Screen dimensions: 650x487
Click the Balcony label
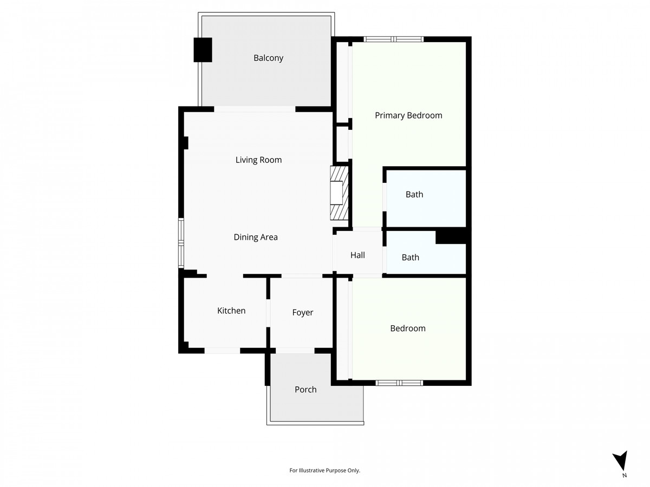tap(268, 58)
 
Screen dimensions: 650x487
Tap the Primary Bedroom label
tap(408, 115)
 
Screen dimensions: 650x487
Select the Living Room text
tap(258, 160)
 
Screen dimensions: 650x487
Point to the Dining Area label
tap(256, 237)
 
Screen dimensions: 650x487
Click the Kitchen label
tap(231, 311)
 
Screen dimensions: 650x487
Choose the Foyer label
tap(302, 313)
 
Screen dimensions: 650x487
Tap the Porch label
tap(305, 390)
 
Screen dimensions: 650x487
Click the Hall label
tap(357, 255)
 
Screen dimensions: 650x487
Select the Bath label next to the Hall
tap(410, 257)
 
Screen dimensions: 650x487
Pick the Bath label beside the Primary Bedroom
tap(414, 194)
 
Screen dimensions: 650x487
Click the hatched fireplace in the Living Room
tap(339, 193)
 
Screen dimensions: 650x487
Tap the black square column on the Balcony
tap(203, 50)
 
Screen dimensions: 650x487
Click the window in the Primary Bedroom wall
tap(394, 39)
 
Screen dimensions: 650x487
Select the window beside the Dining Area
tap(181, 243)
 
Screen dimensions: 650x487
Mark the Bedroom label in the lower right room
tap(408, 328)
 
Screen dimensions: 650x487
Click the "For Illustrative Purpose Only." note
tap(324, 470)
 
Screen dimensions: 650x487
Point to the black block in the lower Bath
tap(451, 236)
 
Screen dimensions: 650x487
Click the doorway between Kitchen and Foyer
tap(268, 313)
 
